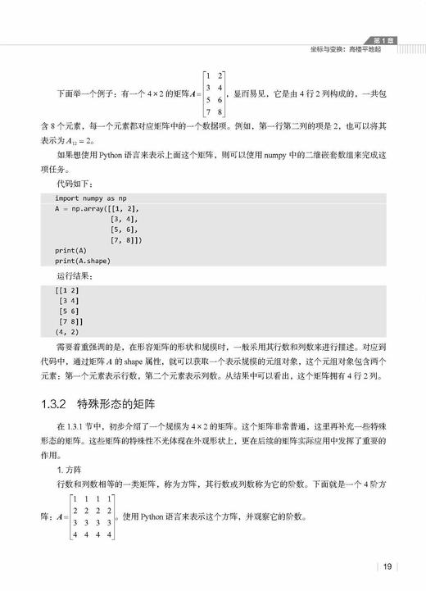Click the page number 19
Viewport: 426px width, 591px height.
pos(388,566)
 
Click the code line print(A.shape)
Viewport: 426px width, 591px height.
pos(83,261)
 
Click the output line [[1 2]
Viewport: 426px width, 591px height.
pos(67,291)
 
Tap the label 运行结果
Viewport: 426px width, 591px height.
pos(75,275)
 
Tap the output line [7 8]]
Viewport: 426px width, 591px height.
pos(71,322)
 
